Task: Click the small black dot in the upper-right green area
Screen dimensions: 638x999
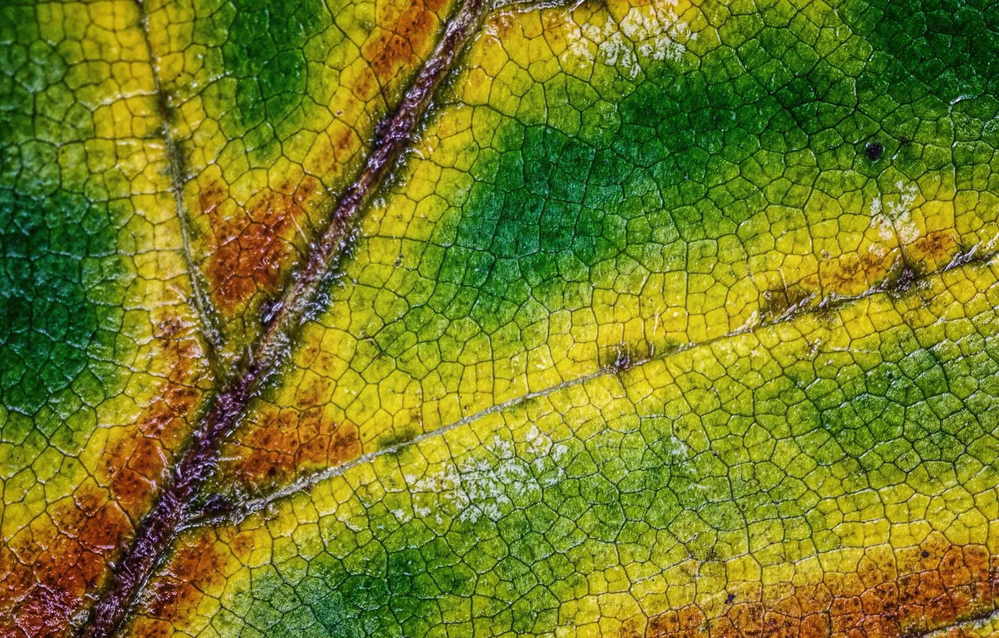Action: (873, 151)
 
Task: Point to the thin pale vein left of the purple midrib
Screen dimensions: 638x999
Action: (180, 188)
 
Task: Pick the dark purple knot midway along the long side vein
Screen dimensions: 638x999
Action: (621, 360)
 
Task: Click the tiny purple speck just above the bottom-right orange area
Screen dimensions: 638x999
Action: (728, 598)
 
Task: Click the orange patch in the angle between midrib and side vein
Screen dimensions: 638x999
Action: (300, 443)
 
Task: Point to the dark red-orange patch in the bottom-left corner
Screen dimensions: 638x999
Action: (45, 593)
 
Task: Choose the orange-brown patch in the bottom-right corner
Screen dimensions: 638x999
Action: (900, 593)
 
